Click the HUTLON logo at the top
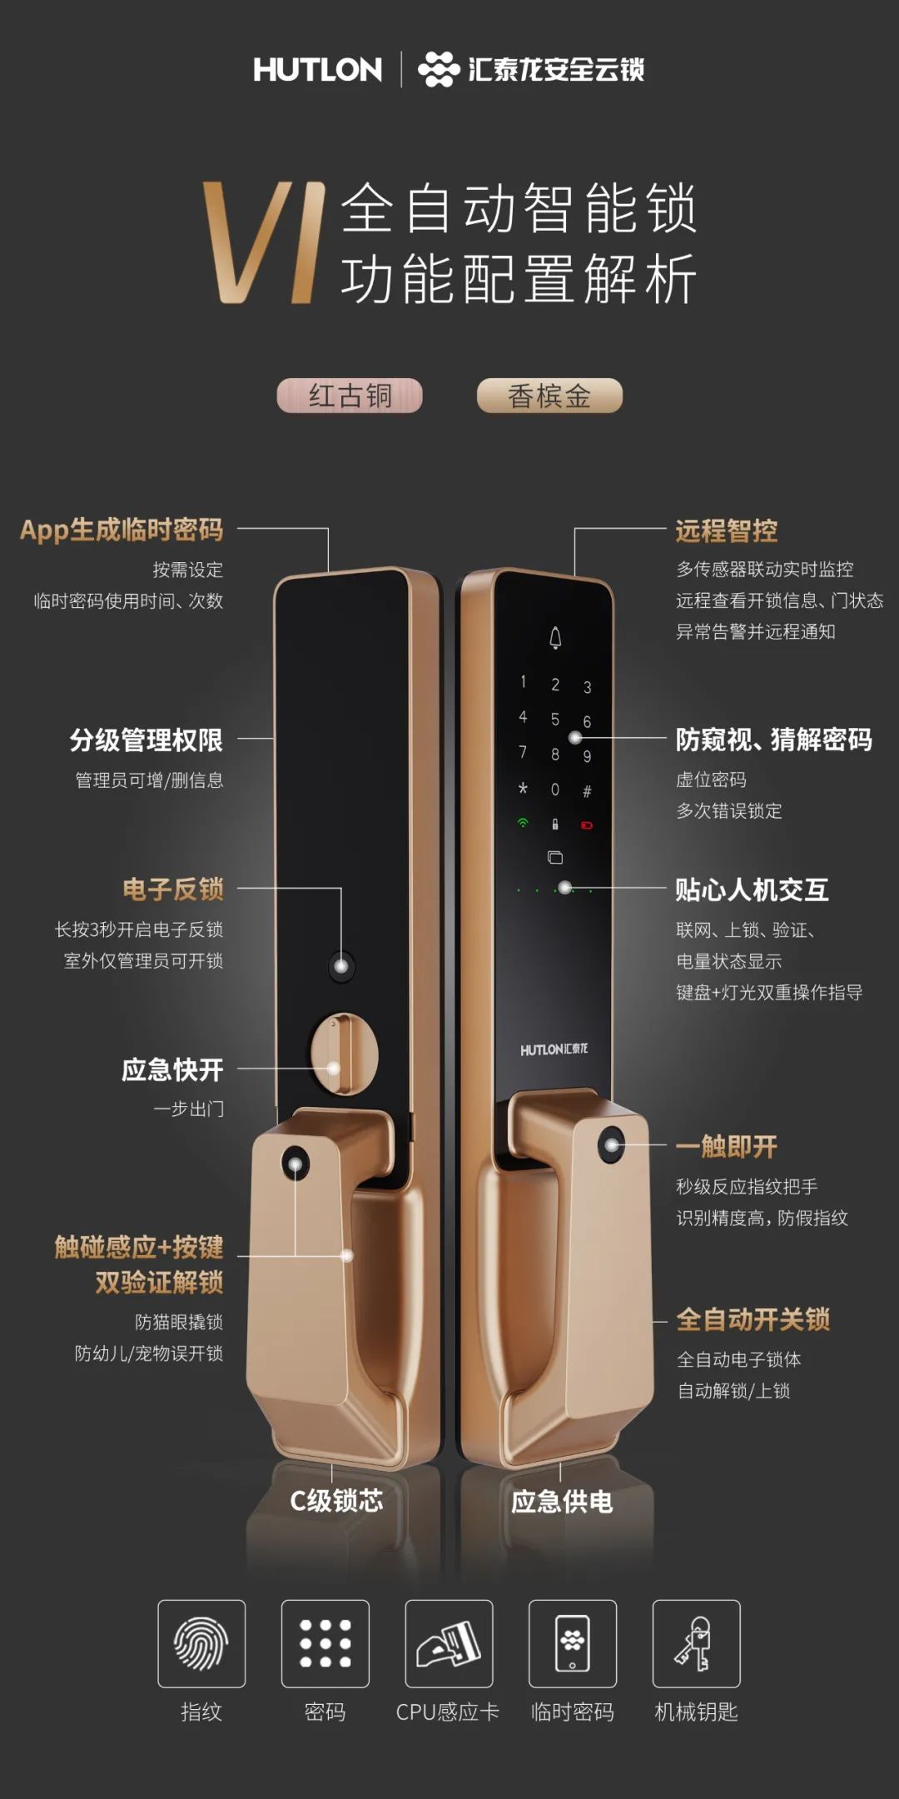pos(317,69)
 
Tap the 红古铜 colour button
pos(350,396)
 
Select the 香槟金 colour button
pos(549,396)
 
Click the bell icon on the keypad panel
pos(555,638)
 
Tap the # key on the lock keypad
pos(587,791)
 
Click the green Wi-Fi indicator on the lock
pos(523,823)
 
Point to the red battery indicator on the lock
pos(587,825)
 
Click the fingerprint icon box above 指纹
pos(201,1643)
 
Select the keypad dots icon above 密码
pos(325,1643)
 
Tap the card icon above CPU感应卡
pos(449,1643)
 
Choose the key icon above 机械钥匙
pos(696,1643)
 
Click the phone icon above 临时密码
pos(573,1643)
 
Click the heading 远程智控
pos(727,531)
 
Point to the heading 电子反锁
pos(173,890)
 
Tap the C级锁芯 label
pos(336,1501)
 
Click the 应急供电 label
pos(562,1502)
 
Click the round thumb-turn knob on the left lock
pos(344,1055)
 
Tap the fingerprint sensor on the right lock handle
pos(612,1145)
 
